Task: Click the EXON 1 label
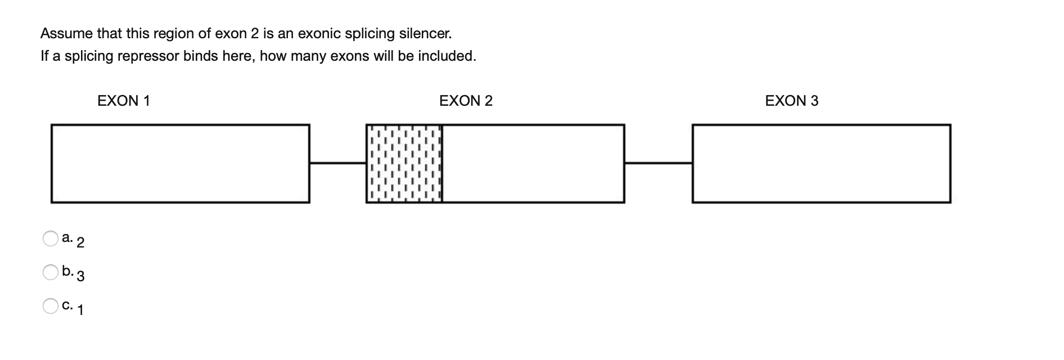[x=124, y=101]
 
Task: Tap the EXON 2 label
[x=466, y=101]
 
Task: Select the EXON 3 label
[x=792, y=101]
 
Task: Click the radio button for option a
[x=51, y=238]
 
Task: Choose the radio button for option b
[x=51, y=272]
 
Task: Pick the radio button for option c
[x=51, y=306]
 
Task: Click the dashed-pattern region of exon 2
[x=404, y=163]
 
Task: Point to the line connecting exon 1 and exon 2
[x=337, y=163]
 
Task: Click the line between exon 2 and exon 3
[x=658, y=163]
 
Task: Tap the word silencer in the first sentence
[x=425, y=34]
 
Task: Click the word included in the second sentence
[x=450, y=56]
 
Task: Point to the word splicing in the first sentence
[x=369, y=34]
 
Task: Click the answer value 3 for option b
[x=80, y=276]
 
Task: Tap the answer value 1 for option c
[x=80, y=310]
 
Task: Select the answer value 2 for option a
[x=80, y=243]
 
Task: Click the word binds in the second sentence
[x=200, y=56]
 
